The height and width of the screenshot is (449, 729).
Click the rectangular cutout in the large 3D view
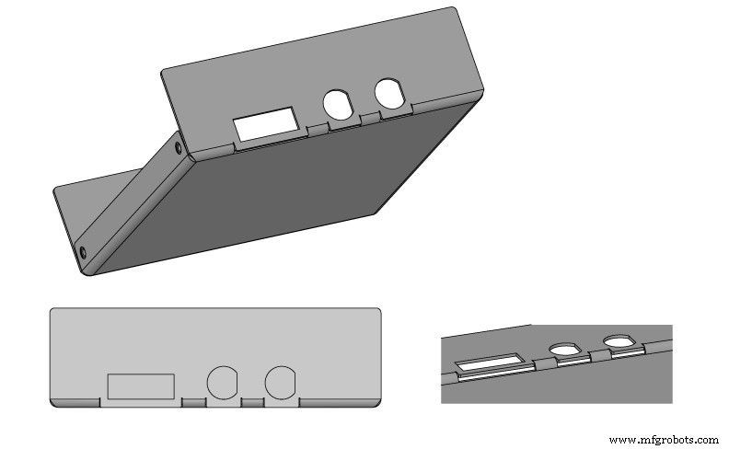[266, 124]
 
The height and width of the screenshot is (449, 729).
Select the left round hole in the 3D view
[339, 106]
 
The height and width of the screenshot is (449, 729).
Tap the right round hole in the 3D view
[391, 94]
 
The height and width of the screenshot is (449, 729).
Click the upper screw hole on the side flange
[176, 146]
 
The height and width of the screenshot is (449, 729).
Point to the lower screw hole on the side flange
[83, 251]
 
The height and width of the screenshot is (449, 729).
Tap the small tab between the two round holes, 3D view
[370, 117]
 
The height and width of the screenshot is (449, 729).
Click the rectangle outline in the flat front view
[141, 386]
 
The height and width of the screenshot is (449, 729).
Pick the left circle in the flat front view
[222, 383]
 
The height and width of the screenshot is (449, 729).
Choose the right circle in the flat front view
[281, 383]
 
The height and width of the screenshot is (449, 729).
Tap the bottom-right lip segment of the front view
[340, 402]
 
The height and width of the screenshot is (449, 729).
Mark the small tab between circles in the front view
[252, 402]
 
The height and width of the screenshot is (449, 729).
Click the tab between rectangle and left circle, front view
[193, 402]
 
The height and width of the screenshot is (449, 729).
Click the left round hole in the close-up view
[562, 350]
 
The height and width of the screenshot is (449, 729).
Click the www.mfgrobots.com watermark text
[664, 440]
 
